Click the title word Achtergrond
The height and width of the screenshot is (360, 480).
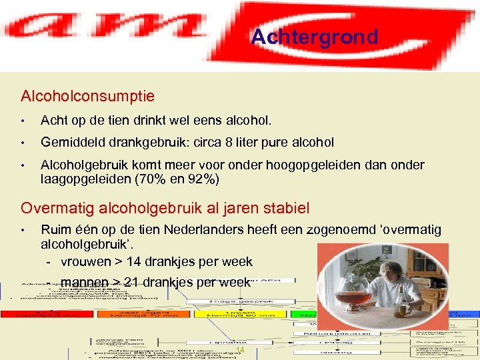314,37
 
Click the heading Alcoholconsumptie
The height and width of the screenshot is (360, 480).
88,96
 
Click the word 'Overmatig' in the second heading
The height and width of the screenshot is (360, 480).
54,207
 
